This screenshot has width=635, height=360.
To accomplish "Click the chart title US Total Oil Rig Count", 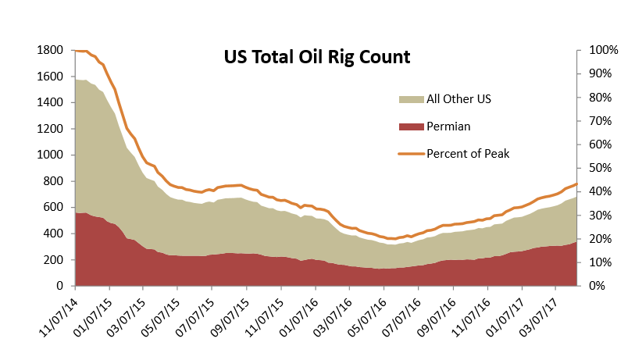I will tap(316, 57).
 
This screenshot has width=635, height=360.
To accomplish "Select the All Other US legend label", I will tap(458, 98).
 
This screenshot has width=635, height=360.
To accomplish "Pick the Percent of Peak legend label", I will tap(468, 153).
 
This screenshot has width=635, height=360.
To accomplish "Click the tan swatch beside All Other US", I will tap(410, 98).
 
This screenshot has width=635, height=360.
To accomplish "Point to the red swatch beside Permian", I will tap(410, 126).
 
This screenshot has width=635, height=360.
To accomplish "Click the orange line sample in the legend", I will tap(410, 153).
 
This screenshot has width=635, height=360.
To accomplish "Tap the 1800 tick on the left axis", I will tap(50, 50).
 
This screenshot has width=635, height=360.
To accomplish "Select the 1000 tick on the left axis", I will tap(50, 155).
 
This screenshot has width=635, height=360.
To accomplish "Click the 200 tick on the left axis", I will tap(54, 260).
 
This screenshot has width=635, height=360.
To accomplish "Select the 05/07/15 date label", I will tap(159, 315).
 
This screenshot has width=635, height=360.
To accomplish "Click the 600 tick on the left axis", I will tap(54, 208).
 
